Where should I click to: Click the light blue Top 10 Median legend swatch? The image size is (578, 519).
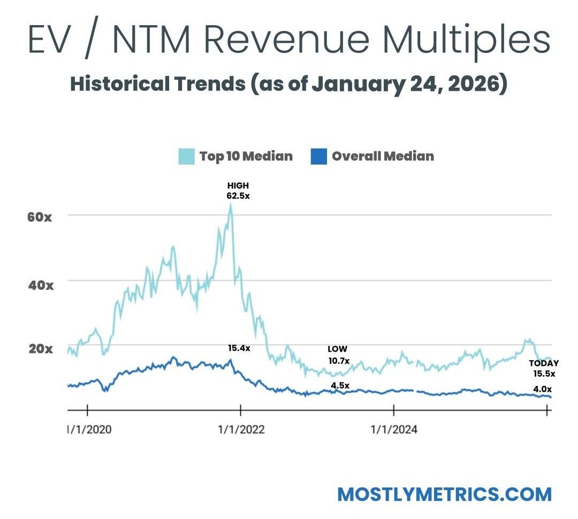(186, 157)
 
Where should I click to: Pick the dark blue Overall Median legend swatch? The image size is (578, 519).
(318, 157)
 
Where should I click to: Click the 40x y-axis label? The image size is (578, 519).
(40, 284)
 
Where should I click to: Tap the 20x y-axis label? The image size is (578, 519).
(40, 349)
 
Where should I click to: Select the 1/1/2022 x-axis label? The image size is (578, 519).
(240, 429)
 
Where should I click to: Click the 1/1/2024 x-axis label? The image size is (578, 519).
(394, 429)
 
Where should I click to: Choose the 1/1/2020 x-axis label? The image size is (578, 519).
(89, 429)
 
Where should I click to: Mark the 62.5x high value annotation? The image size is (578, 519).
(238, 196)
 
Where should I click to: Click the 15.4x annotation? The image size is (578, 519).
(238, 348)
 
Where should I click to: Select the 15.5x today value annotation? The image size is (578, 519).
(544, 374)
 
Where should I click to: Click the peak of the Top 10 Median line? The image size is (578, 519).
(231, 205)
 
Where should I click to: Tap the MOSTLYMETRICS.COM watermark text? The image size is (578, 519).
(444, 494)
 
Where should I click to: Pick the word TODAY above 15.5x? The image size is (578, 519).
(544, 363)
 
